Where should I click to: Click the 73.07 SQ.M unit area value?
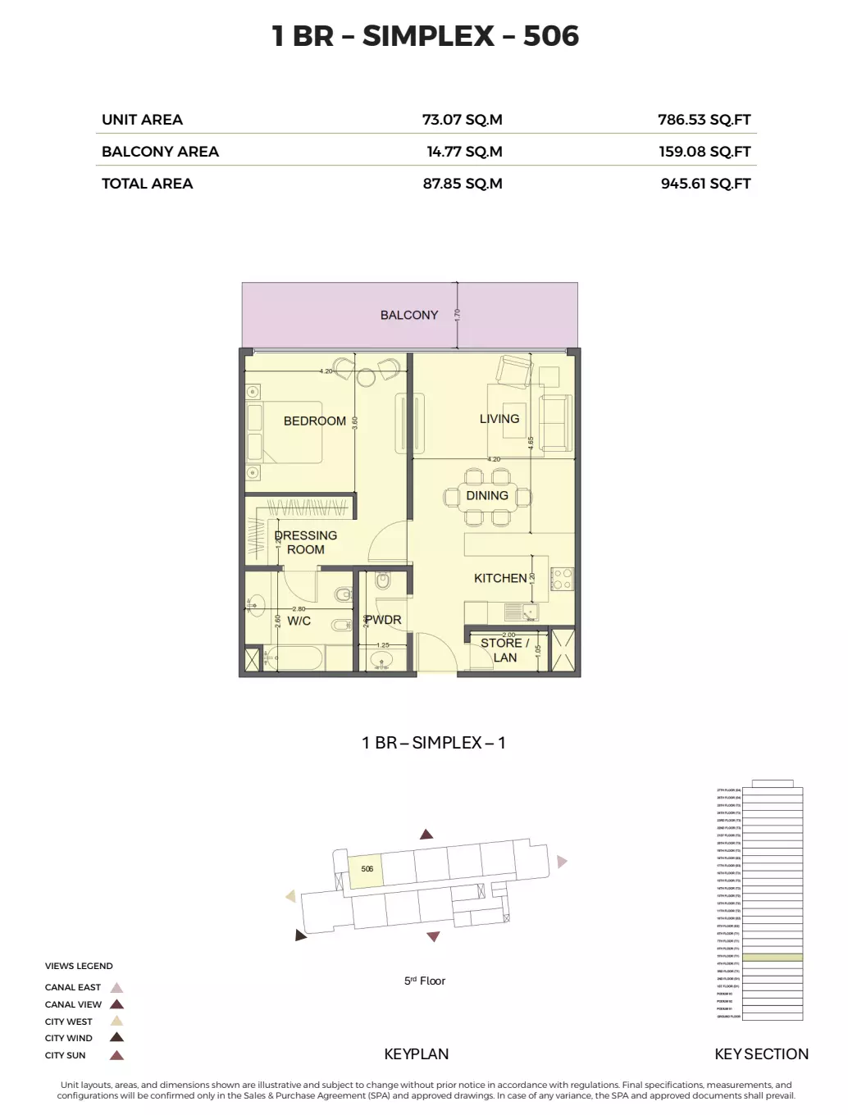pos(462,120)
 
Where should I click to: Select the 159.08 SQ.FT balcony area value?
pos(704,152)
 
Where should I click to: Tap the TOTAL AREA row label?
pos(147,184)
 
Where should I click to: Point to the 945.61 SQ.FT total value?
pos(705,184)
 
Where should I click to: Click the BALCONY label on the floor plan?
pos(408,315)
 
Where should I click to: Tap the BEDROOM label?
pos(314,421)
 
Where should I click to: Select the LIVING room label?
pos(499,418)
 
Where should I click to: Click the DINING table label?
pos(487,495)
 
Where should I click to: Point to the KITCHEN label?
pos(499,578)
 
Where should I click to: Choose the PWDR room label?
pos(384,620)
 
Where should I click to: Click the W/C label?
pos(299,621)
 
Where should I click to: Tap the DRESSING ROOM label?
pos(306,542)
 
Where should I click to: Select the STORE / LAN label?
pos(504,650)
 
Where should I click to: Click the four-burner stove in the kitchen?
pos(562,579)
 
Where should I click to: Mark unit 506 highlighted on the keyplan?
pos(367,870)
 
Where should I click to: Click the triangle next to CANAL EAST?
pos(116,987)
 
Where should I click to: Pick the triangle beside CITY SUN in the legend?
pos(116,1055)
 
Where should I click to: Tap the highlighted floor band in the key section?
pos(772,957)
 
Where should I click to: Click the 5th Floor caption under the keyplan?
pos(424,981)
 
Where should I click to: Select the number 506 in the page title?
pos(550,36)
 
